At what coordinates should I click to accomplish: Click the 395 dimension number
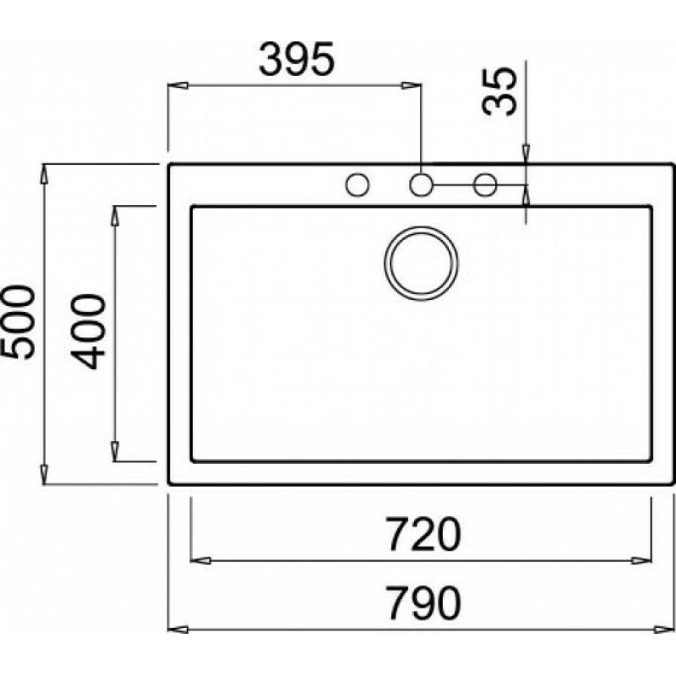tap(297, 59)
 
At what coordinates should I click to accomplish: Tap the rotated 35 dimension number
tap(499, 91)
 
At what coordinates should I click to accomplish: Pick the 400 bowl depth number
tap(89, 331)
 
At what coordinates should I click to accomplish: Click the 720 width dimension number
tap(423, 534)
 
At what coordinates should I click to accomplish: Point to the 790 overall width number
tap(423, 602)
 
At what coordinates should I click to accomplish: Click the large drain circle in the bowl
tap(421, 264)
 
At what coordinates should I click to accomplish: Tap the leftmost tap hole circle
tap(357, 184)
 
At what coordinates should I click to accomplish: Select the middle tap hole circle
tap(421, 185)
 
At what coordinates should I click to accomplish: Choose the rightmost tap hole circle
tap(485, 185)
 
